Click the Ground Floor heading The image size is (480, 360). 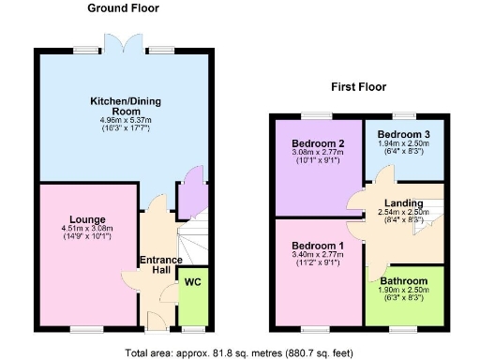pos(123,8)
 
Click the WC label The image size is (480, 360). pos(192,281)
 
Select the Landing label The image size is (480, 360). pos(403,203)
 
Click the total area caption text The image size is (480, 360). pos(240,352)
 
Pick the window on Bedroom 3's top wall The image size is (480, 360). pos(406,114)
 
